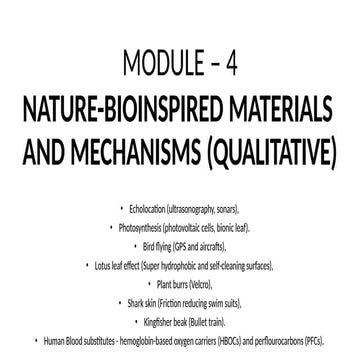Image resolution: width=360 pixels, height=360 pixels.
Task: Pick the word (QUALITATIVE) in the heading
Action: (274, 150)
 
